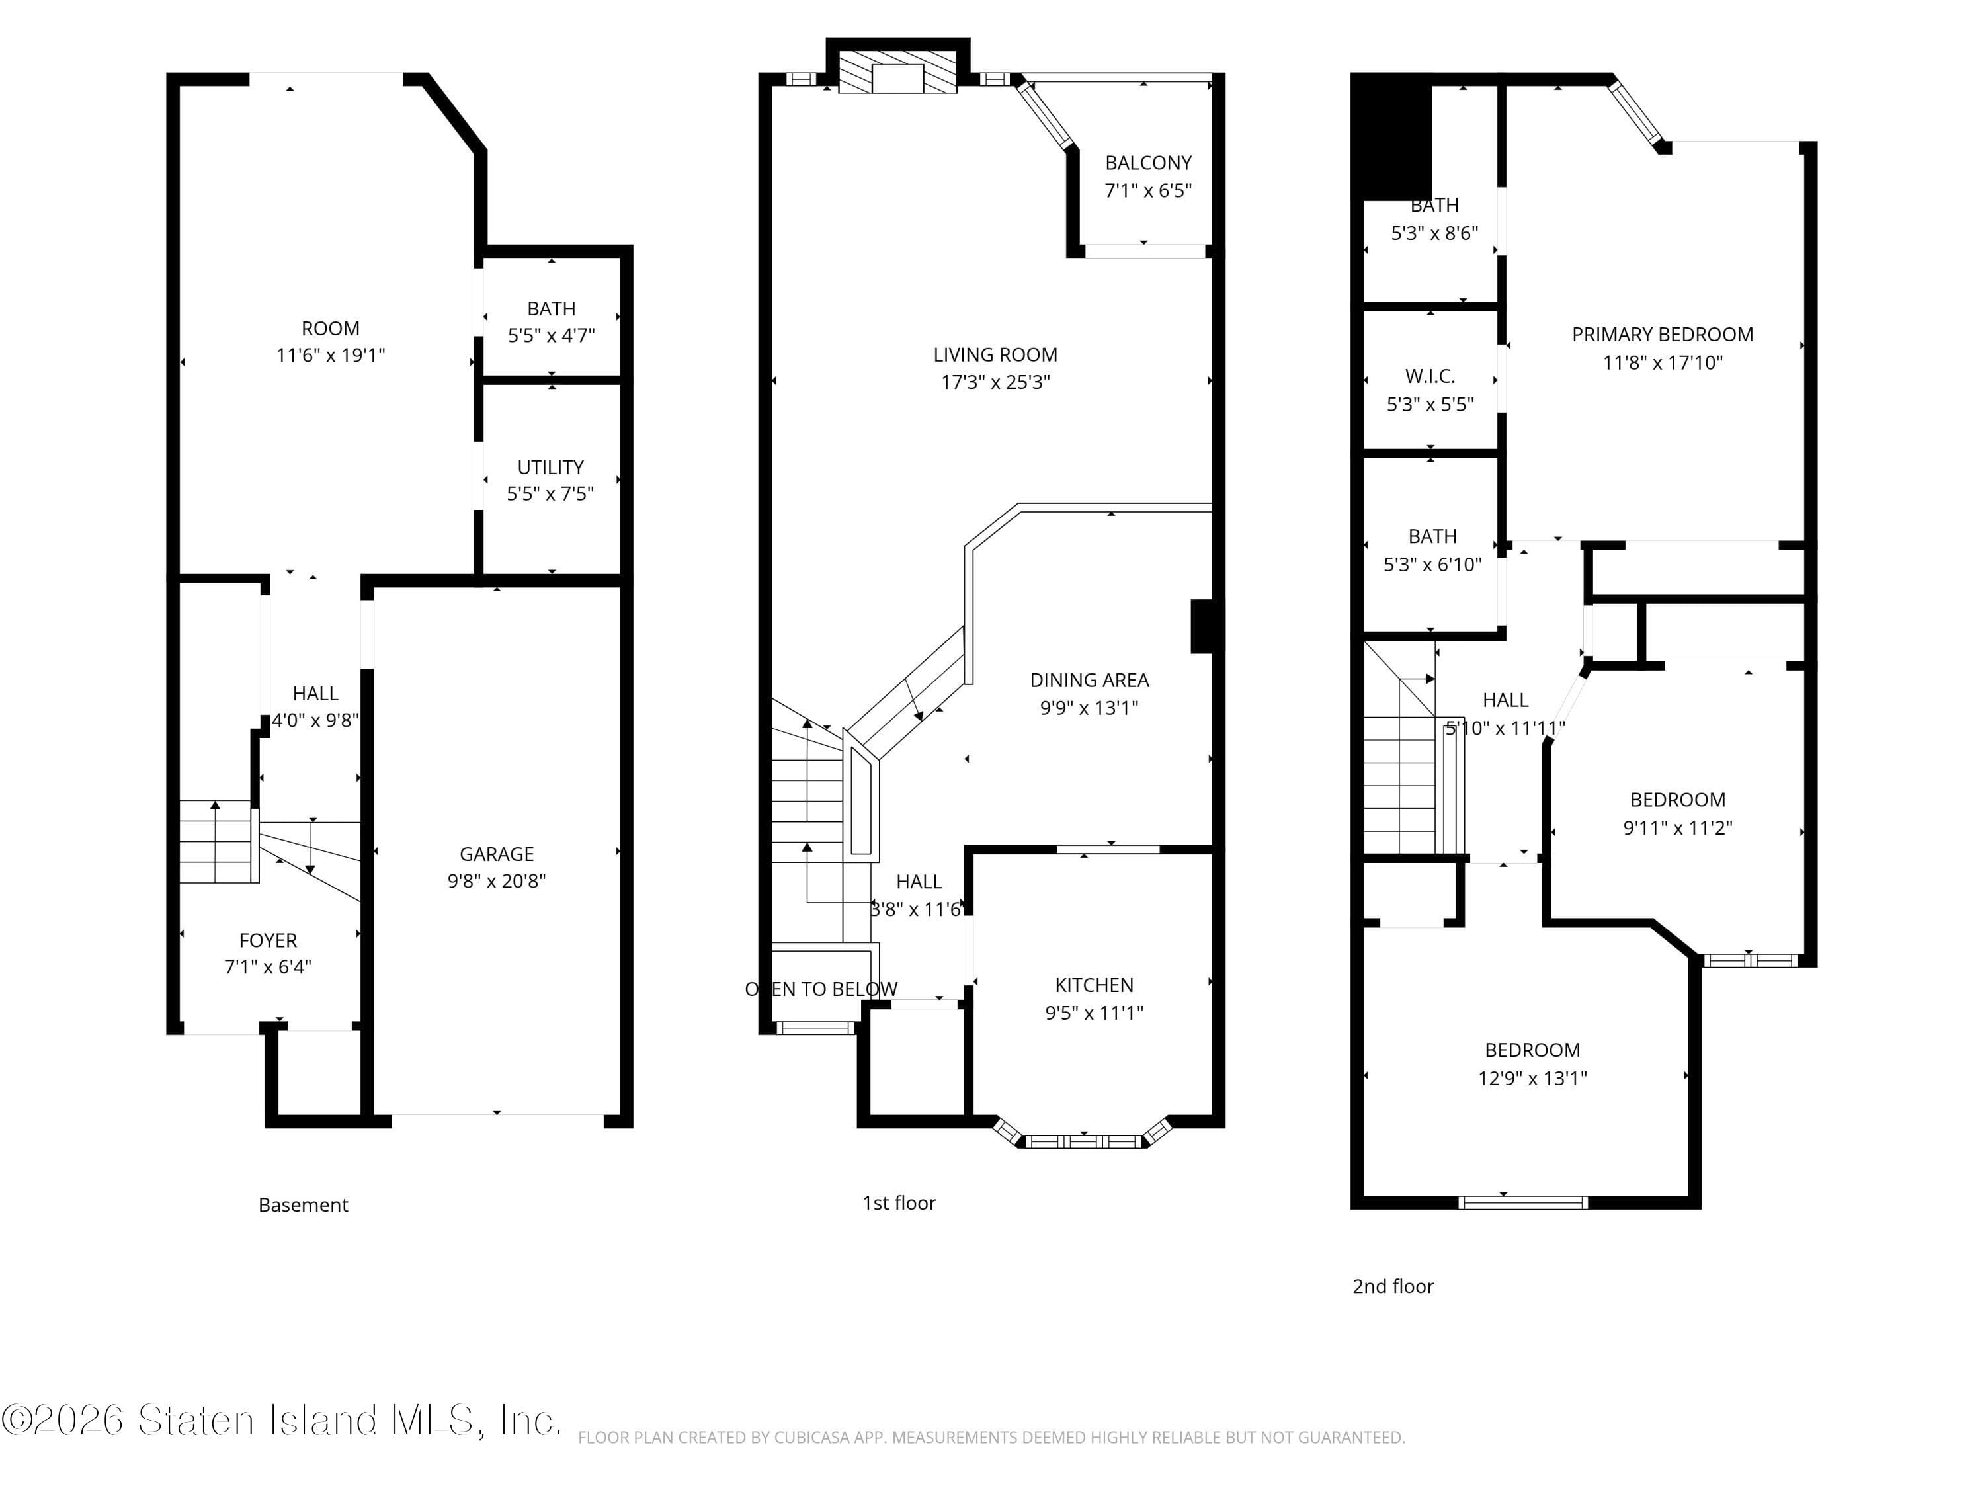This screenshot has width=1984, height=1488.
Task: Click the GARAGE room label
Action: pos(496,854)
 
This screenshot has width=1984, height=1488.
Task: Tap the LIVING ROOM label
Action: pos(995,355)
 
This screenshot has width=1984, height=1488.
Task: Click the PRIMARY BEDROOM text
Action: pos(1662,335)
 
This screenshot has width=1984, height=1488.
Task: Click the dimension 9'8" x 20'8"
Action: pos(496,882)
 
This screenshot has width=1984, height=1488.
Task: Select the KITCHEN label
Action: pos(1093,985)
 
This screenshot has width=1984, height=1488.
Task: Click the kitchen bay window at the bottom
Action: pos(1083,1141)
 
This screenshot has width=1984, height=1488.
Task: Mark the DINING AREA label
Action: pos(1089,680)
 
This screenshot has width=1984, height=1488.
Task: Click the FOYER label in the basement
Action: pos(267,940)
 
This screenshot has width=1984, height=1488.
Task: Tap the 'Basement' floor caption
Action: pos(303,1204)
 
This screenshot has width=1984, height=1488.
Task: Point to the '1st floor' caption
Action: pos(899,1203)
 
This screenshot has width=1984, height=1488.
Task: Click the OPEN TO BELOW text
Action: pos(821,989)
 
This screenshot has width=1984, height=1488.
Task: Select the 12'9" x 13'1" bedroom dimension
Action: pos(1532,1078)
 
